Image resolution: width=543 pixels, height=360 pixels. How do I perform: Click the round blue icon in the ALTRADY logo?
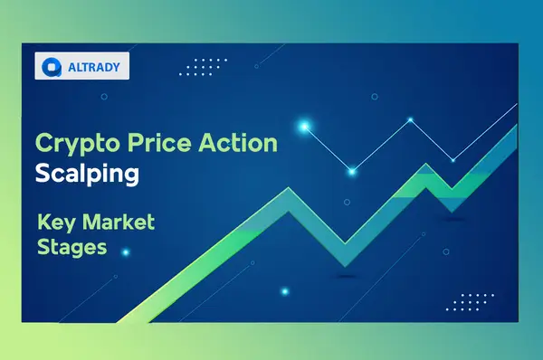click(x=52, y=65)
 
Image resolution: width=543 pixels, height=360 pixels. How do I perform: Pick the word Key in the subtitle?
click(x=55, y=223)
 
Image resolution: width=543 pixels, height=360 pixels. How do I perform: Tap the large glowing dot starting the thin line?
click(x=304, y=127)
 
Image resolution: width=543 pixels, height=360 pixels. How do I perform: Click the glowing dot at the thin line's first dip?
click(x=351, y=169)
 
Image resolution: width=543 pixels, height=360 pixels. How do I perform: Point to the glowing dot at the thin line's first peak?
click(x=410, y=119)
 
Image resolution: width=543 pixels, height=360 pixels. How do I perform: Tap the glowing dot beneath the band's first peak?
click(x=284, y=290)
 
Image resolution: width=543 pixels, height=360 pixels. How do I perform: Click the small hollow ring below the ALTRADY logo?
click(x=104, y=96)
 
